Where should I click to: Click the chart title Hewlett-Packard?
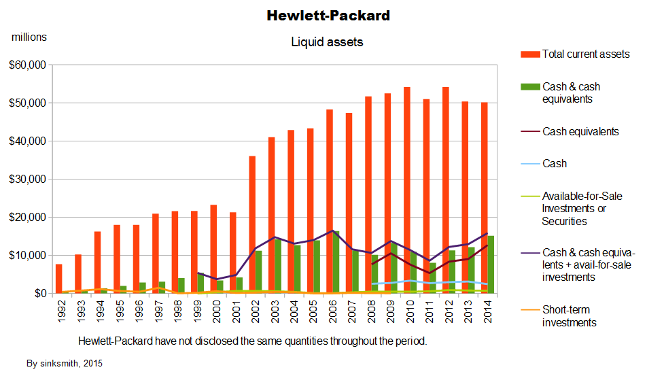328,15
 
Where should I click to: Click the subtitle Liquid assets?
327,42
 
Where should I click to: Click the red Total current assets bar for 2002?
252,224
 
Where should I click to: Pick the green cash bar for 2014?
490,264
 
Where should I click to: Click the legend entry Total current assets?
585,54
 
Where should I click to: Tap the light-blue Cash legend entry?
554,164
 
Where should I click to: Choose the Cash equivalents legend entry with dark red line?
580,132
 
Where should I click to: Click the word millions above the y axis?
29,37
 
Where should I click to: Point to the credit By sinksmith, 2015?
65,364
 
